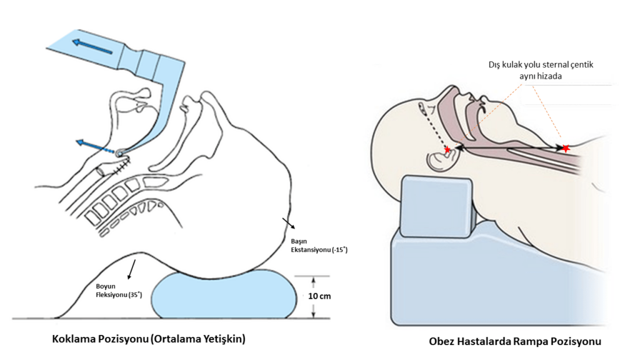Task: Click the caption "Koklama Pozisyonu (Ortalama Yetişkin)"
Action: (149, 339)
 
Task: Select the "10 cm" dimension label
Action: (321, 296)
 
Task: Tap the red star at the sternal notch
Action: (566, 149)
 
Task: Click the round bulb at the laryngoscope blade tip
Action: (119, 151)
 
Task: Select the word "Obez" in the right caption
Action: (442, 342)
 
